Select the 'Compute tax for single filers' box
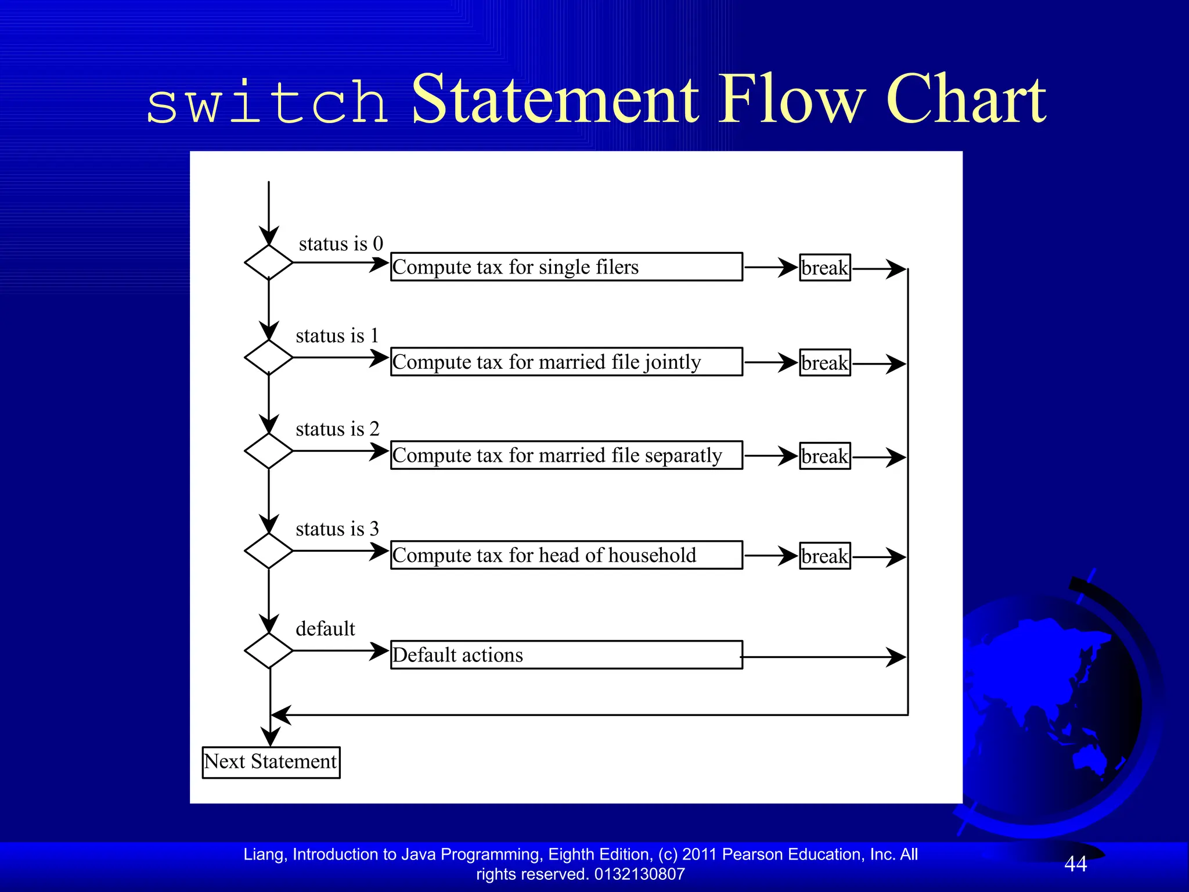[566, 267]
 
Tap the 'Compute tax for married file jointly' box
[566, 362]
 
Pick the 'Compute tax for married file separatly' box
[566, 455]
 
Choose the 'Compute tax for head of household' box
[566, 555]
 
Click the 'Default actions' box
[566, 655]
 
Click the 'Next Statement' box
[271, 762]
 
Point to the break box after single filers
[824, 268]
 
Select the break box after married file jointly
[824, 363]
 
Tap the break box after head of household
[824, 556]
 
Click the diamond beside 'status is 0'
[268, 262]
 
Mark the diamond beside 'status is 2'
[268, 451]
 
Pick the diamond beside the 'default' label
[268, 650]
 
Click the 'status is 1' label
[337, 336]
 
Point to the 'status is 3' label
[337, 529]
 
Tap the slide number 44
[1075, 864]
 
